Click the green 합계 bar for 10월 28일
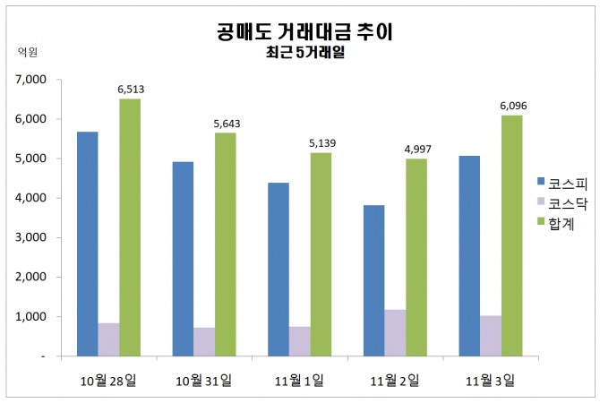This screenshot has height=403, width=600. [130, 227]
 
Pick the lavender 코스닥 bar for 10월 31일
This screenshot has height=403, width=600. [204, 341]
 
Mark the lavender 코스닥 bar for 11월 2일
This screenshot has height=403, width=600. [395, 332]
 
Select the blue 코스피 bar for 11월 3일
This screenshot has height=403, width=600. [469, 255]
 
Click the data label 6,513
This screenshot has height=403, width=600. [131, 90]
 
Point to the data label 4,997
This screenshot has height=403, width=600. [416, 150]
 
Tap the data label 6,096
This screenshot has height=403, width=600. [512, 107]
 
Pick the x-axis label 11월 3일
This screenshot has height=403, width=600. [490, 382]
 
